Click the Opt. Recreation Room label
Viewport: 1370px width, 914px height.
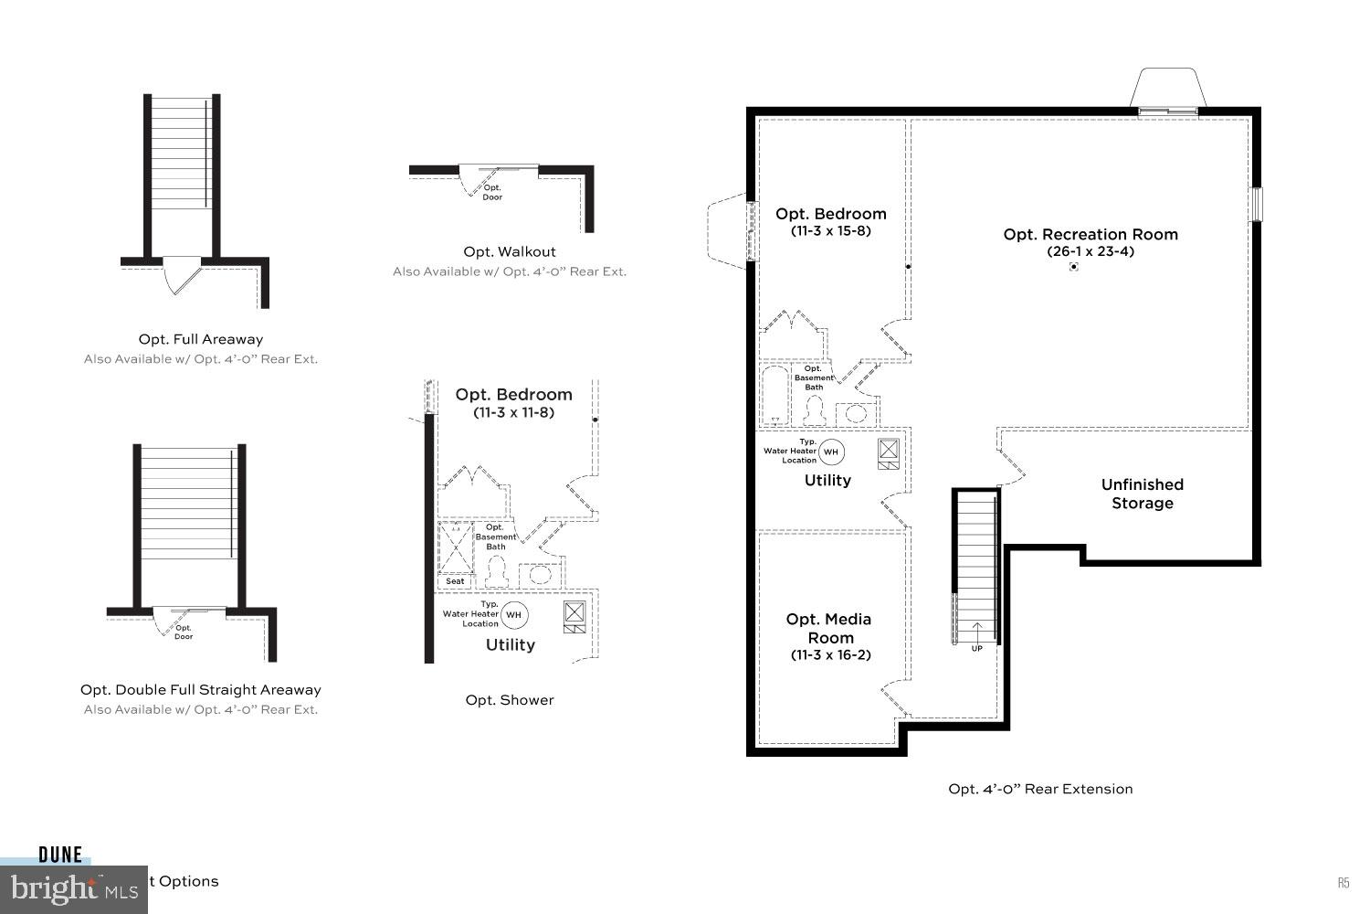(x=1091, y=234)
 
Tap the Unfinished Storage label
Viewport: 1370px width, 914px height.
(x=1142, y=494)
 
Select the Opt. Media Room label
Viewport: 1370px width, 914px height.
(x=828, y=628)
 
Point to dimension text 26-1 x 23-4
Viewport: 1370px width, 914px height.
(x=1091, y=251)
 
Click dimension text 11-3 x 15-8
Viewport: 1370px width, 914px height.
(x=830, y=231)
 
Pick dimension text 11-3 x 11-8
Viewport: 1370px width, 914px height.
(x=513, y=412)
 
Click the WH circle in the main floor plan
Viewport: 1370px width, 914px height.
(x=831, y=452)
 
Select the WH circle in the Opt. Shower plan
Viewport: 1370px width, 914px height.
(x=513, y=615)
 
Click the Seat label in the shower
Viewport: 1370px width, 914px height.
(x=455, y=581)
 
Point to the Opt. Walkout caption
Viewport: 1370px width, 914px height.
(x=509, y=251)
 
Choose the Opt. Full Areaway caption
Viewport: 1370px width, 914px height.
(x=201, y=339)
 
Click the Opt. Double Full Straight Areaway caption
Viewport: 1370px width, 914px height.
(x=201, y=690)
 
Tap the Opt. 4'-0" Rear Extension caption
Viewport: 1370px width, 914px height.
(x=1040, y=789)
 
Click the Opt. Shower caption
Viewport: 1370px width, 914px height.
(x=510, y=700)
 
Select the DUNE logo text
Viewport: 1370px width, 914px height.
(x=60, y=856)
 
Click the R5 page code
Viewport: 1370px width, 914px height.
(x=1344, y=883)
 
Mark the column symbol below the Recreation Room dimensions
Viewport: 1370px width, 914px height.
(x=1074, y=267)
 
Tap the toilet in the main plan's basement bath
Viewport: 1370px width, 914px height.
(x=814, y=412)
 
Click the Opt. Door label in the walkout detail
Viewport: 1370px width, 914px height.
(x=492, y=192)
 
